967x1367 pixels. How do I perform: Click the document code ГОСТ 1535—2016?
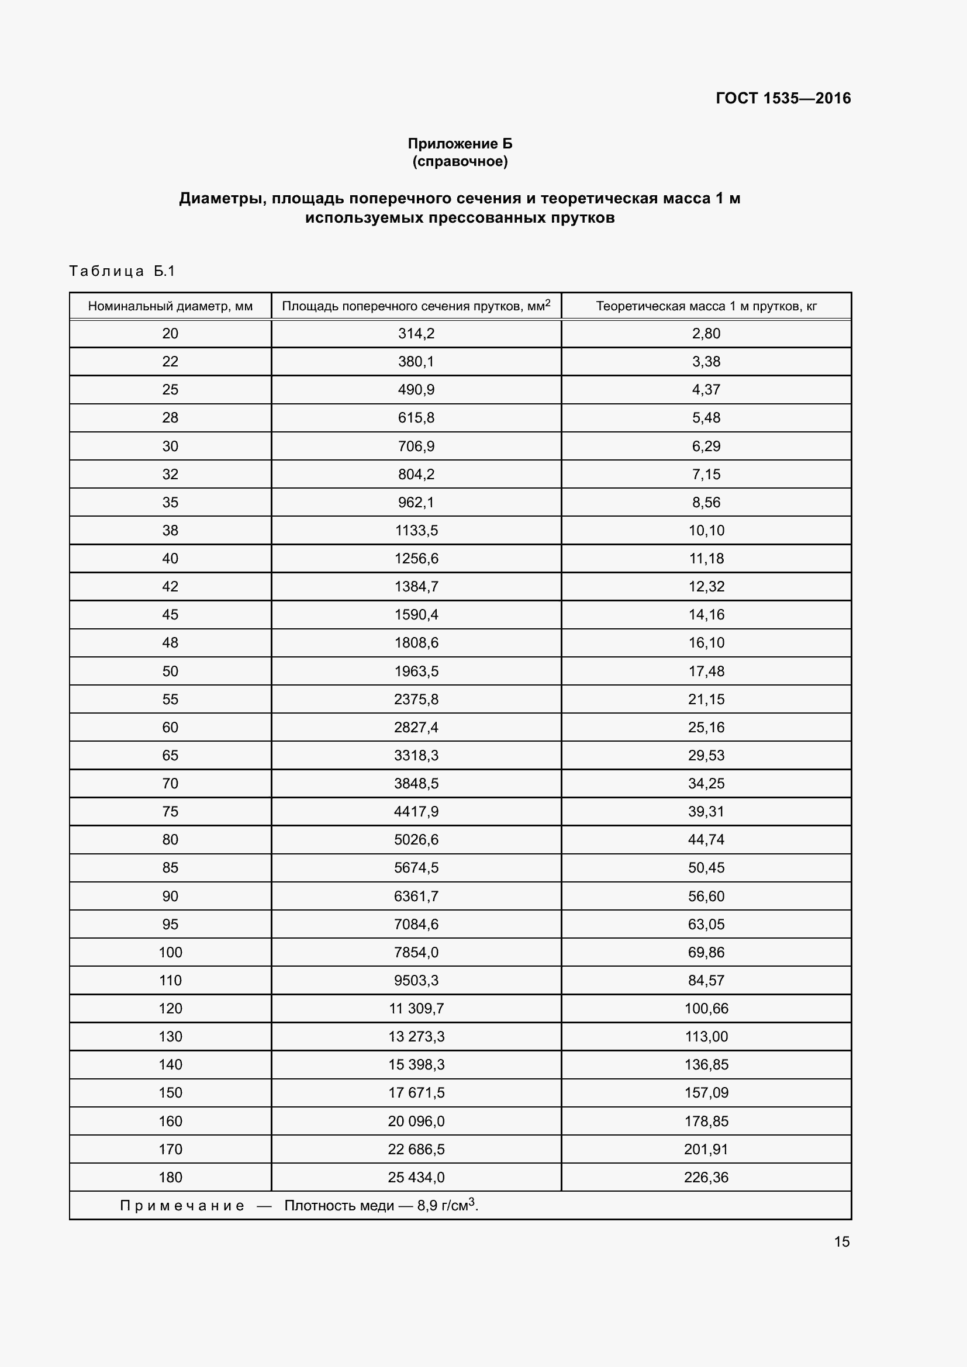coord(783,98)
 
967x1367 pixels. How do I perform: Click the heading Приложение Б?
coord(460,144)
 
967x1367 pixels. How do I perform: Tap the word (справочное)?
coord(460,162)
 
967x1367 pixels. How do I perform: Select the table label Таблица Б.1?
coord(122,272)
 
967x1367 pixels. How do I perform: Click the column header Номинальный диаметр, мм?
coord(170,307)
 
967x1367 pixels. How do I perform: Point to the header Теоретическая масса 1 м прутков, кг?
coord(706,307)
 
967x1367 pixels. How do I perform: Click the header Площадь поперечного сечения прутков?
coord(416,307)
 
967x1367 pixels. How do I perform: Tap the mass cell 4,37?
coord(706,390)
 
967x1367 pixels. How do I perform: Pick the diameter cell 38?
coord(170,531)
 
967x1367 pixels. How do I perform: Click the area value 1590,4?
coord(416,615)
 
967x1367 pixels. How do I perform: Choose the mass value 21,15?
coord(706,700)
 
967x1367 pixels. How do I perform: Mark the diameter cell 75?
coord(170,812)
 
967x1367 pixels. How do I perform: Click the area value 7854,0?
coord(416,953)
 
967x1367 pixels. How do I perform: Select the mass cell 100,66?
coord(706,1009)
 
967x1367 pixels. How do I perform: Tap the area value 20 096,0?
coord(416,1121)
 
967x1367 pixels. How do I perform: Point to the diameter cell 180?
coord(170,1177)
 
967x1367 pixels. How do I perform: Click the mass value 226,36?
coord(706,1177)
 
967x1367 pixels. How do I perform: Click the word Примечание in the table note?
coord(182,1206)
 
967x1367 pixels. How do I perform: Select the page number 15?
coord(841,1242)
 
